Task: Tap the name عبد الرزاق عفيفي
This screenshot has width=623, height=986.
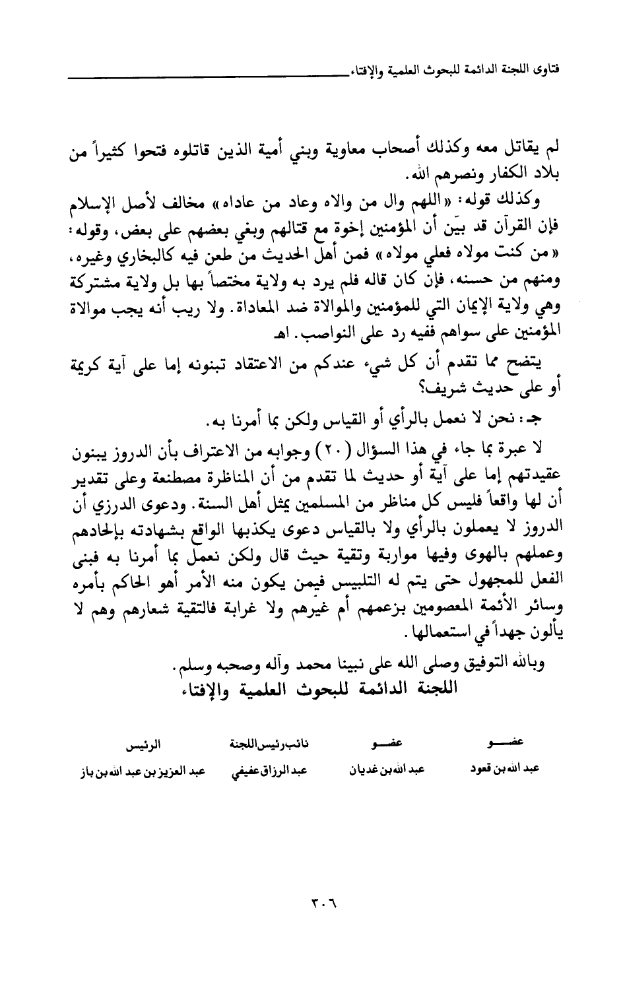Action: (x=260, y=771)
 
